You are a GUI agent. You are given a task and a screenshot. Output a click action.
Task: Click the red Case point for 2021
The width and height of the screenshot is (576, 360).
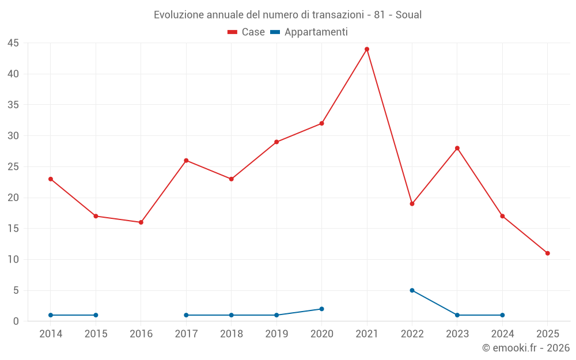(367, 49)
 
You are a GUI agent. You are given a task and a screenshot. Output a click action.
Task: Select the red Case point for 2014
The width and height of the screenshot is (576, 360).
(51, 179)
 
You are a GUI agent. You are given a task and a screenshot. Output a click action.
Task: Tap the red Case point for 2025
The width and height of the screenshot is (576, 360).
(547, 253)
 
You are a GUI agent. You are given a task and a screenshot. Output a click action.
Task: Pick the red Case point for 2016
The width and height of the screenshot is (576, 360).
(141, 222)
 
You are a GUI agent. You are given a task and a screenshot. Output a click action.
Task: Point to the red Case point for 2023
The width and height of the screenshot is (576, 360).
(457, 148)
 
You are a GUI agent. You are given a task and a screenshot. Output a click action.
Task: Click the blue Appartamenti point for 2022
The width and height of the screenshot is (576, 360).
(412, 290)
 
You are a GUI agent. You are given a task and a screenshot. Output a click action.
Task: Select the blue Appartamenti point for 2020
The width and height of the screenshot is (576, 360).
(321, 309)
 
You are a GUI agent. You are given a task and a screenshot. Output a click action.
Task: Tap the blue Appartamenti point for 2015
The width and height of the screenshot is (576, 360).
(96, 315)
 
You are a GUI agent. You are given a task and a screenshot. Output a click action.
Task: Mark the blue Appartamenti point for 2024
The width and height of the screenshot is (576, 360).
(502, 315)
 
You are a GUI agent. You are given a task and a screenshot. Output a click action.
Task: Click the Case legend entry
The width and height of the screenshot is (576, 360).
(246, 32)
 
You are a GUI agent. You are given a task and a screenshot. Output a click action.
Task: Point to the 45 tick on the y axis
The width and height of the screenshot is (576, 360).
(13, 43)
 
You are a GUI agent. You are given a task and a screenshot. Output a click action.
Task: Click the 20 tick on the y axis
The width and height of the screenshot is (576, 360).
(13, 198)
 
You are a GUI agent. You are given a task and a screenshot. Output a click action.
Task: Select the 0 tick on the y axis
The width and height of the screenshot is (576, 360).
(16, 321)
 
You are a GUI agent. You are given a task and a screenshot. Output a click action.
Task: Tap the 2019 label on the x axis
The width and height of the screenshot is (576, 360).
(276, 334)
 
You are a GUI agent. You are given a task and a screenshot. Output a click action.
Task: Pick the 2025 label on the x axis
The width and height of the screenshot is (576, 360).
(547, 334)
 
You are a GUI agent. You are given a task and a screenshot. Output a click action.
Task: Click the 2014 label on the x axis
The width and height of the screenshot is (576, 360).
(51, 334)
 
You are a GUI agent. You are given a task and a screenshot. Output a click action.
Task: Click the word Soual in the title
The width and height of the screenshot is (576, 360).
(409, 15)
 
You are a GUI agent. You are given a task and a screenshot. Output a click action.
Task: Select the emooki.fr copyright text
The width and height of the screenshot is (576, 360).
(525, 348)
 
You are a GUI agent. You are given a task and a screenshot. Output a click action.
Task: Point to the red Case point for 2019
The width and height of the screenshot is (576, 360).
(276, 142)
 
